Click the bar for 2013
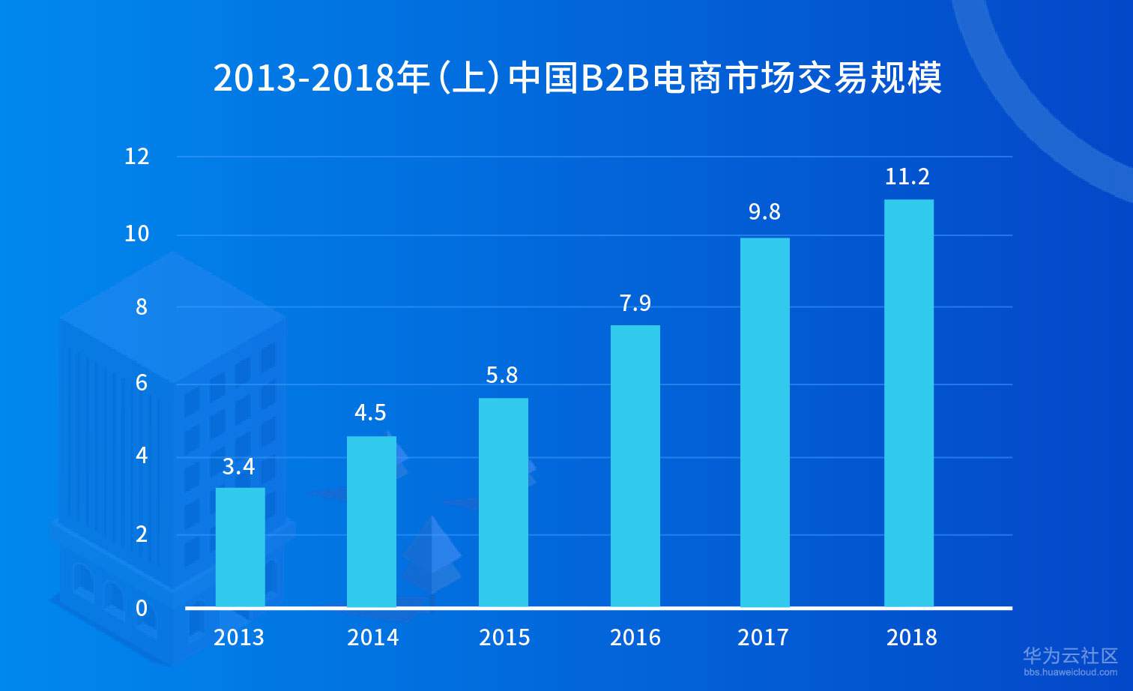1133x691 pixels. coord(240,547)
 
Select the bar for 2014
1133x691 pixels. coord(372,522)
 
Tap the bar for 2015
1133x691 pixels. coord(504,502)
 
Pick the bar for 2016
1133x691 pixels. coord(635,465)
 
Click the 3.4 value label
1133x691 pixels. coord(239,467)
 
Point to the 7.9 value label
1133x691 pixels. coord(635,304)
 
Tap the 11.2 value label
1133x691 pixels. coord(907,177)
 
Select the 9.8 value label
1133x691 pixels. coord(764,212)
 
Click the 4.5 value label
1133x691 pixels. coord(370,413)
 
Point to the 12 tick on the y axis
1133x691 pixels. coord(137,157)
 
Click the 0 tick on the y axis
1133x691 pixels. coord(142,608)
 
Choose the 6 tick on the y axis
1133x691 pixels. coord(142,383)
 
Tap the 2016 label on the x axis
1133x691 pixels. coord(635,638)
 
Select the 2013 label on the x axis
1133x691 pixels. coord(239,638)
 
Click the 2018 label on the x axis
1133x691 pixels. coord(912,638)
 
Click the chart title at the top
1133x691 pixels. coord(577,78)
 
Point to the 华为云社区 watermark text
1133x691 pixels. coord(1071,656)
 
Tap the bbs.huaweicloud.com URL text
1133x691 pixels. coord(1071,672)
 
